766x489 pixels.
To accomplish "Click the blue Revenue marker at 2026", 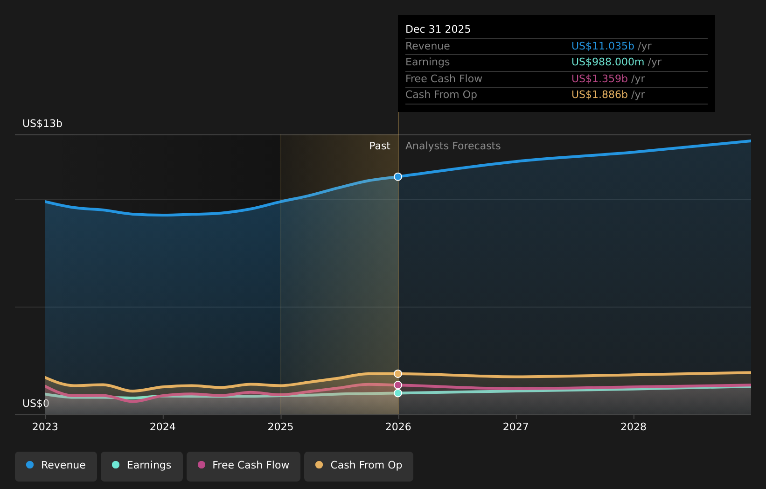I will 398,176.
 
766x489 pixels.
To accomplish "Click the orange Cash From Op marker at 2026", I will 398,374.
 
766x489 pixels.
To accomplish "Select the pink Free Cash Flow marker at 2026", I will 398,385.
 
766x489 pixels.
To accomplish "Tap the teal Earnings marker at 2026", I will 398,393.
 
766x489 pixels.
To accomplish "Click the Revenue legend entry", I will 56,465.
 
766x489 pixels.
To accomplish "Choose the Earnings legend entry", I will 142,465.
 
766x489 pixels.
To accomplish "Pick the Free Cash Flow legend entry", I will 244,465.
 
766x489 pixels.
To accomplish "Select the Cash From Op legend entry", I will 359,465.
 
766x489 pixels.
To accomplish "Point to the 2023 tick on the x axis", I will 45,426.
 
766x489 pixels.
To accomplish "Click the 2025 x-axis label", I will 280,426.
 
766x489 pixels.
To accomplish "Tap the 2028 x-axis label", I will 634,426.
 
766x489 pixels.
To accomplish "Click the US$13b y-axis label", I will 42,124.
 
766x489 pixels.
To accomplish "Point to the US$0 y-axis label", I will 36,403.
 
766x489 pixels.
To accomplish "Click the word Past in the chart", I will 379,146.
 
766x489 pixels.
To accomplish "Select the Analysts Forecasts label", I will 453,146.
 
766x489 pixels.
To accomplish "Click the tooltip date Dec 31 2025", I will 438,29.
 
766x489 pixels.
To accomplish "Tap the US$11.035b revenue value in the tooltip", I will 602,46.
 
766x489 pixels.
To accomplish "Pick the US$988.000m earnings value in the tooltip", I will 607,62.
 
